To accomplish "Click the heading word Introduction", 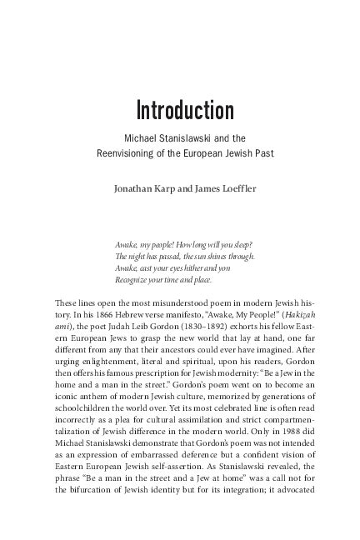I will coord(185,111).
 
